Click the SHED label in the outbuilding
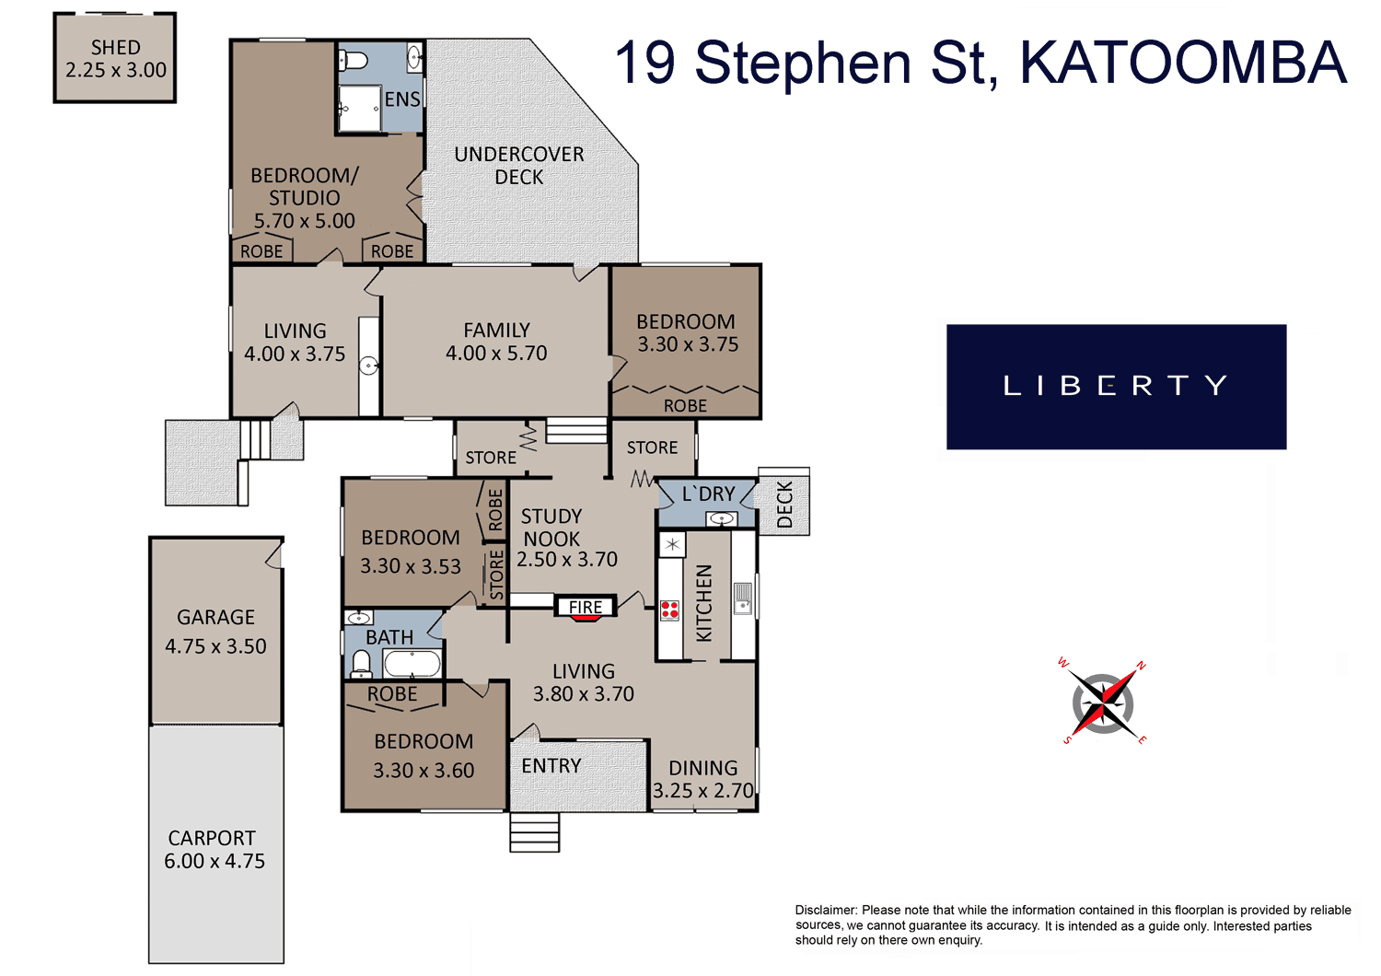pos(116,48)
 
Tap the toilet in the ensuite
pos(354,61)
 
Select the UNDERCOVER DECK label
pos(519,165)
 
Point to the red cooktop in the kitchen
pos(669,610)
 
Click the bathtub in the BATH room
pos(412,665)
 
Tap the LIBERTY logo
pos(1116,387)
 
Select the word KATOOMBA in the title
pos(1183,63)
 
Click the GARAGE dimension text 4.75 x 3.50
pos(215,646)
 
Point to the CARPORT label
pos(212,838)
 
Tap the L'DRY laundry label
pos(708,494)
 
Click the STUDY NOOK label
pos(551,528)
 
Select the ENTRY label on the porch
pos(551,766)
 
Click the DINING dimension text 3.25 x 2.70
pos(703,790)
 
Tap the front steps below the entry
pos(535,831)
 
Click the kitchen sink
pos(743,598)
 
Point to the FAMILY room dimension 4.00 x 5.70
pos(496,354)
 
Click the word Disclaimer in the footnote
pos(826,910)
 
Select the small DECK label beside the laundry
pos(784,505)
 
